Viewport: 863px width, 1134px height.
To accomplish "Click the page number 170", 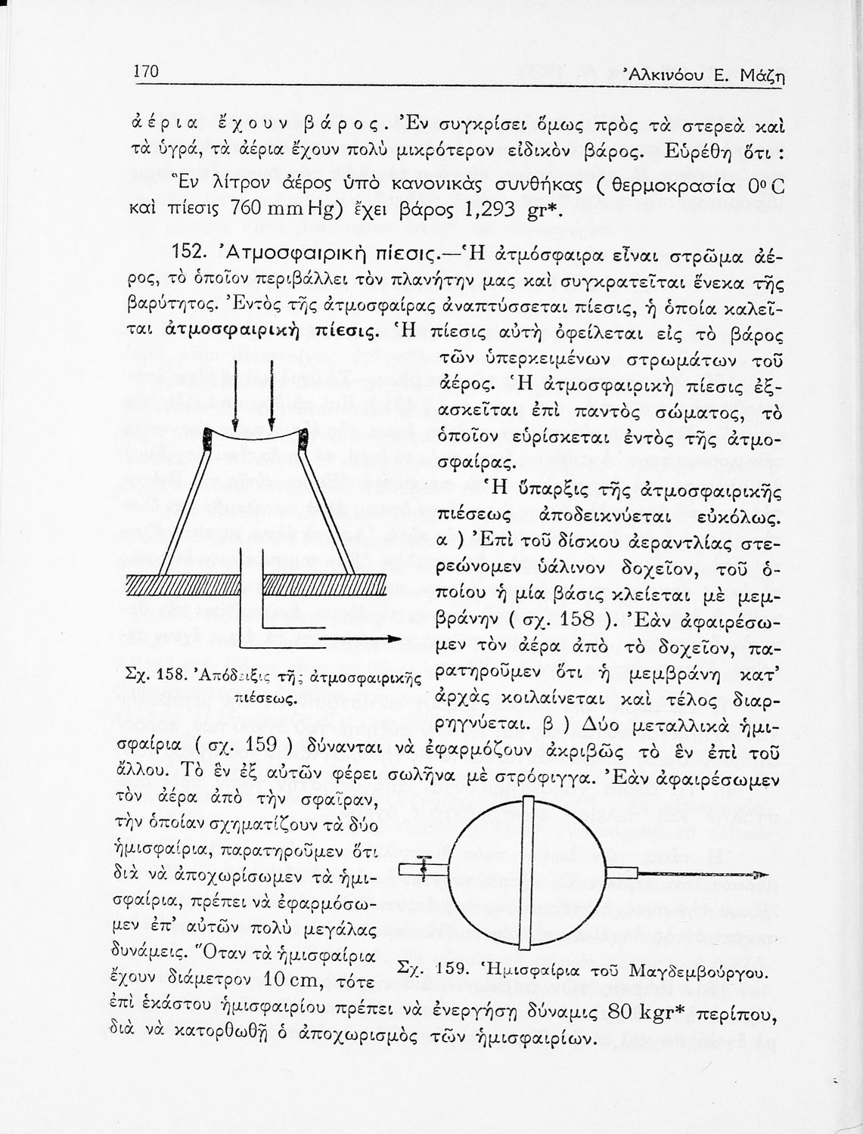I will [144, 73].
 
